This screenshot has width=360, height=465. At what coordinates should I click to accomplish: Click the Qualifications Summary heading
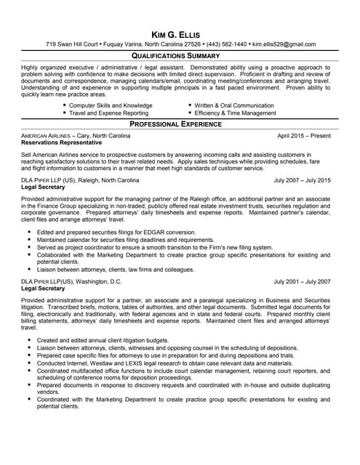point(180,55)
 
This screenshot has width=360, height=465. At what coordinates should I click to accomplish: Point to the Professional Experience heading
point(180,124)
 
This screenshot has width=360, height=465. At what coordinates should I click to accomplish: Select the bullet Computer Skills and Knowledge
point(111,105)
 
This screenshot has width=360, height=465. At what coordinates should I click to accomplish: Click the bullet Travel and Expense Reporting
point(108,113)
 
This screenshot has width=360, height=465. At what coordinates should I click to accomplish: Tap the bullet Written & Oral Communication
point(234,105)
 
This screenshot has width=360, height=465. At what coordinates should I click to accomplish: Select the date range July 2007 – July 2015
point(302,179)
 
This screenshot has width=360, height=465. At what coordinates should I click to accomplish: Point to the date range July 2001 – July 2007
point(302,280)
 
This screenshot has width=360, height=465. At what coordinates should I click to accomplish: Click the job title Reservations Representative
point(62,143)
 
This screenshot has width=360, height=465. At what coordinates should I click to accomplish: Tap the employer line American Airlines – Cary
point(76,136)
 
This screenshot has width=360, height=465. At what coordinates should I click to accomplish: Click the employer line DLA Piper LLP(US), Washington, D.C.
point(72,280)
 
